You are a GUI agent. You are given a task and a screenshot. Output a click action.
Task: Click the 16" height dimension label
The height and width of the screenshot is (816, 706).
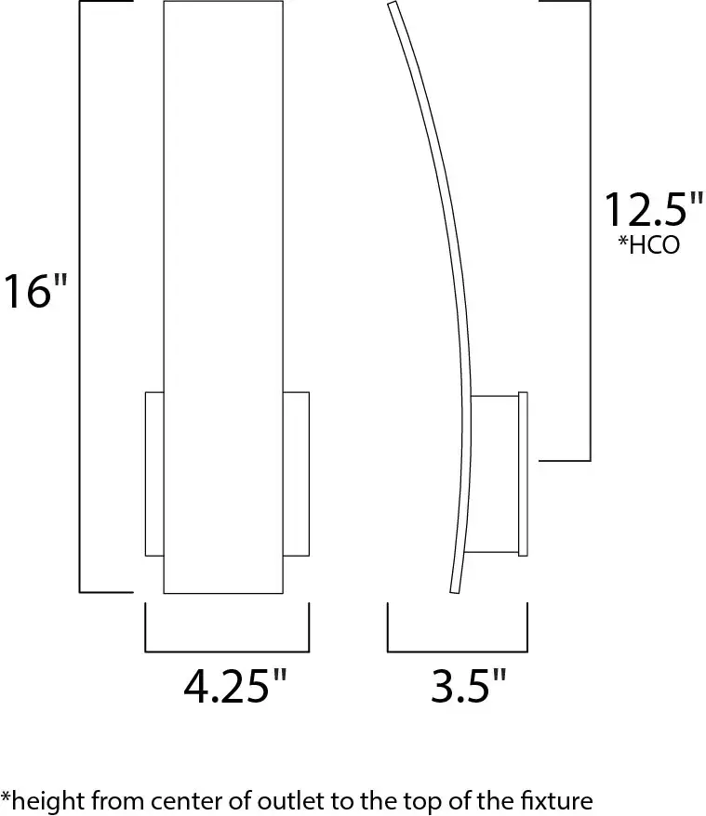(35, 291)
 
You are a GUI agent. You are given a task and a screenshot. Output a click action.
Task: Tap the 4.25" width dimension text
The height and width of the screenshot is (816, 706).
(234, 689)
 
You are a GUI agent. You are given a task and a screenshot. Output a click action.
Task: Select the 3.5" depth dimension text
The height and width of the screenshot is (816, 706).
(469, 689)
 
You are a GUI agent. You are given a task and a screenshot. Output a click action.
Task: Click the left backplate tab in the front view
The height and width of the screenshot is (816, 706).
(154, 474)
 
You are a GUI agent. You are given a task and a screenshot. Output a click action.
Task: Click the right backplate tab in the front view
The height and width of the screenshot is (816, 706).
(296, 474)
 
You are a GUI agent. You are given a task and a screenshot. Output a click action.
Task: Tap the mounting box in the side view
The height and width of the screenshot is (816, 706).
(495, 474)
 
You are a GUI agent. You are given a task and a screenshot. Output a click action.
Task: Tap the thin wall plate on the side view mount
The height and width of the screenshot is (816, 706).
(523, 474)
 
